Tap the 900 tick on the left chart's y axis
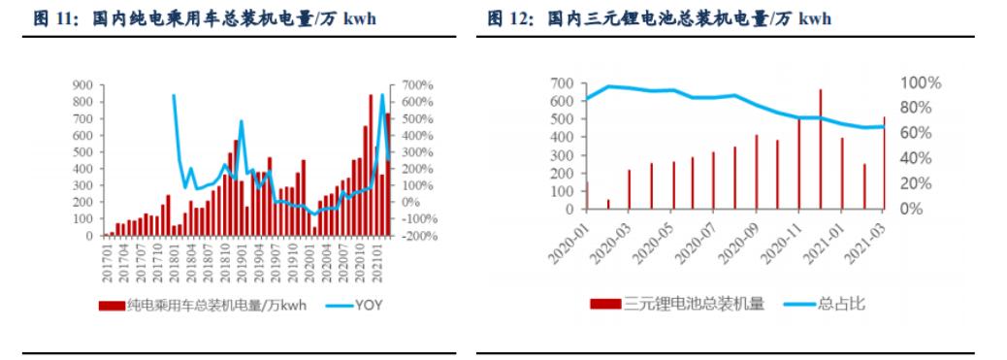coord(81,85)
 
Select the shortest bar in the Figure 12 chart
coord(608,204)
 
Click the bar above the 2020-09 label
coord(757,172)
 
